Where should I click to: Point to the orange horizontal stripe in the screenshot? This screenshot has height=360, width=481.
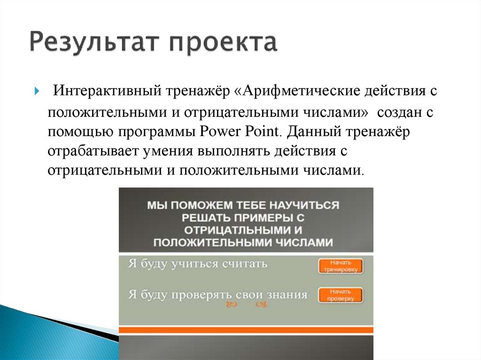tap(246, 330)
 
